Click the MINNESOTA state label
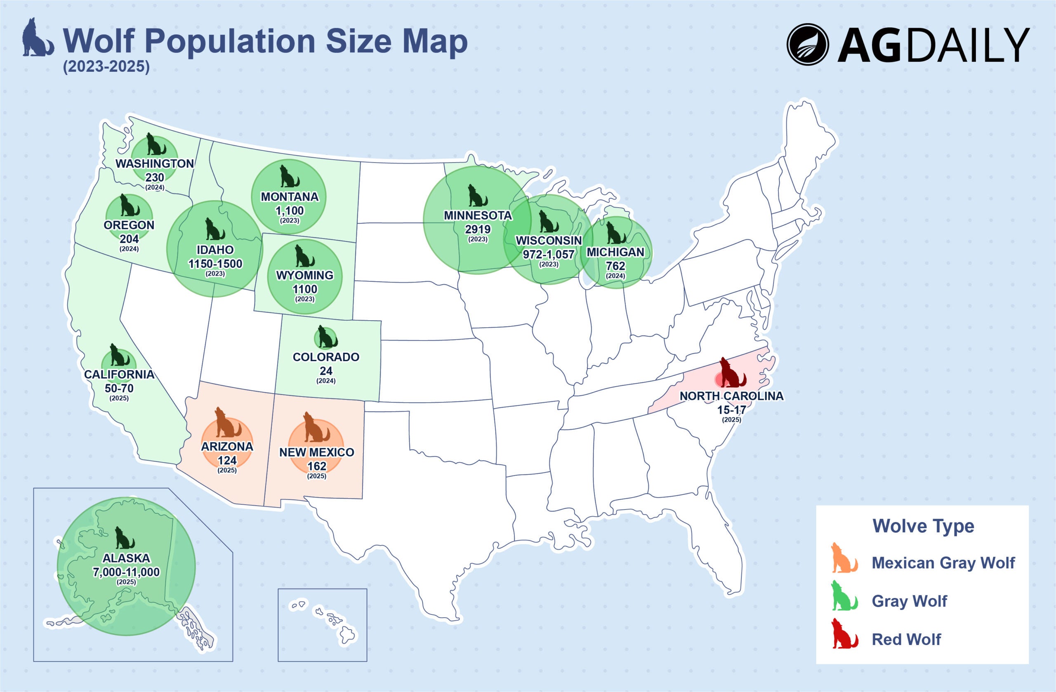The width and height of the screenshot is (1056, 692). pyautogui.click(x=478, y=216)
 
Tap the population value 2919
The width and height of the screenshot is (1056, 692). pyautogui.click(x=478, y=229)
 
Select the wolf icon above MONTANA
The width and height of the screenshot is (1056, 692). pyautogui.click(x=289, y=176)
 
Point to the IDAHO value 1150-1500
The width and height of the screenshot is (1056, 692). pyautogui.click(x=215, y=264)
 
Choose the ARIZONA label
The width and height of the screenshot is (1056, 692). pyautogui.click(x=227, y=446)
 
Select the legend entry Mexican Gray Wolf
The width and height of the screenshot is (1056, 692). pyautogui.click(x=943, y=563)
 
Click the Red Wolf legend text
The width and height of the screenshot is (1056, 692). pyautogui.click(x=906, y=639)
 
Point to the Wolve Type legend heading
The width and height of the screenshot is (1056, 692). pyautogui.click(x=923, y=526)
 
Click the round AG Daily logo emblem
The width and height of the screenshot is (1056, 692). pyautogui.click(x=808, y=45)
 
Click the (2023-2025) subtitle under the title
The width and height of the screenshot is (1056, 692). pyautogui.click(x=106, y=66)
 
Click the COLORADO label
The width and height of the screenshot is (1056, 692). pyautogui.click(x=326, y=357)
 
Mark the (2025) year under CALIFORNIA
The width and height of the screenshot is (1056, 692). pyautogui.click(x=119, y=398)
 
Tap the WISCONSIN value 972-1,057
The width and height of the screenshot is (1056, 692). pyautogui.click(x=549, y=254)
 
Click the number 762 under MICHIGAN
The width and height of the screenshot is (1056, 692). pyautogui.click(x=615, y=266)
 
